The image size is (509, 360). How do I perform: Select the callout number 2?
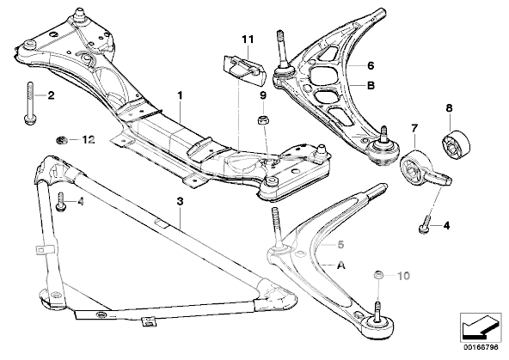(50, 95)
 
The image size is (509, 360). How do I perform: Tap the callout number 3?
(180, 202)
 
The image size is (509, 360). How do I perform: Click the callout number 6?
(371, 64)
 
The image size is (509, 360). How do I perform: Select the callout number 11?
(248, 40)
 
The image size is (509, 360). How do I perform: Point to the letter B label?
(371, 85)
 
